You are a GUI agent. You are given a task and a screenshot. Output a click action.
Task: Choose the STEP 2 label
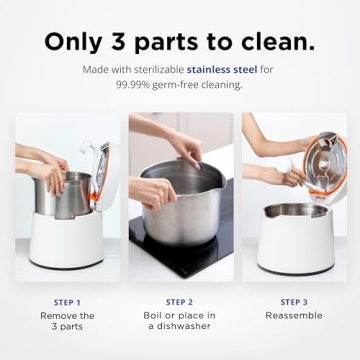pyautogui.click(x=180, y=301)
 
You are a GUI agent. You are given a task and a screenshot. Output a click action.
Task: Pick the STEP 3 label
pyautogui.click(x=294, y=301)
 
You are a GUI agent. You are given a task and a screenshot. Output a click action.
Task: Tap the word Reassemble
pyautogui.click(x=294, y=315)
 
